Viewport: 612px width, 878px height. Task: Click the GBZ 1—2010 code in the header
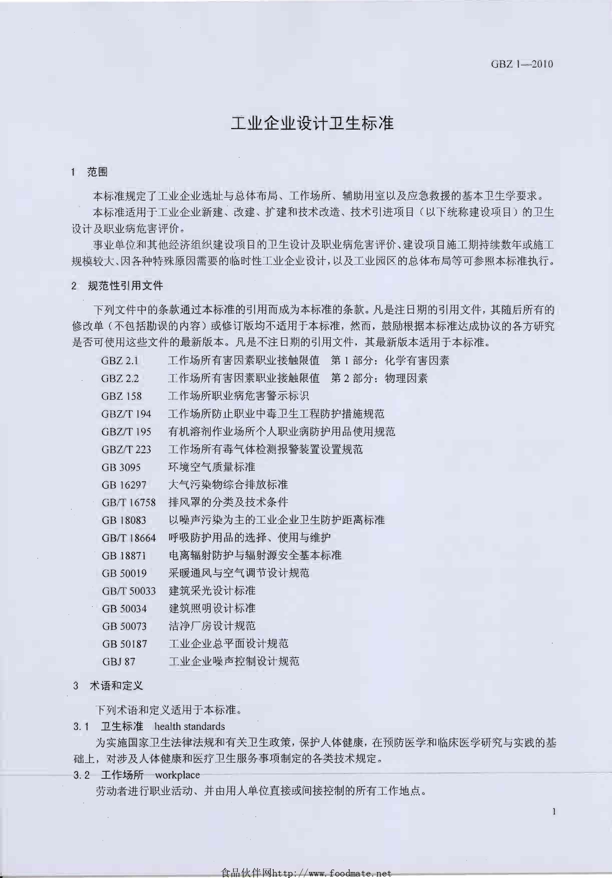(x=522, y=64)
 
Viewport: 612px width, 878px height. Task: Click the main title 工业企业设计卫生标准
(x=312, y=123)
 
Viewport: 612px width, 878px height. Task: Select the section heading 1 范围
(x=90, y=173)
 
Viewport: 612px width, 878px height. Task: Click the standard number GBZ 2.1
(x=120, y=360)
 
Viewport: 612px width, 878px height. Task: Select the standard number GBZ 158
(x=122, y=396)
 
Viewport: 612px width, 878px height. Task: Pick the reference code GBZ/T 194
(x=126, y=414)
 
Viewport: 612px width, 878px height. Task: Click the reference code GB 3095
(x=121, y=467)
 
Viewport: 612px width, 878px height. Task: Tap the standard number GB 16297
(x=124, y=485)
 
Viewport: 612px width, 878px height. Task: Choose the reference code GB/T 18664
(x=129, y=538)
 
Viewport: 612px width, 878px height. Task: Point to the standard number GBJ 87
(x=119, y=661)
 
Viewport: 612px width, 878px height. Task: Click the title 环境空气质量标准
(x=212, y=467)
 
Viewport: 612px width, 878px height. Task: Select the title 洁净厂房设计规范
(x=212, y=626)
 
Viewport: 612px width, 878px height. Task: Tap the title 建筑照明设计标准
(x=212, y=608)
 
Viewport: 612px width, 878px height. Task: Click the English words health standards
(x=190, y=726)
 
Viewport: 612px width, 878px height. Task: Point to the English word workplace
(x=178, y=775)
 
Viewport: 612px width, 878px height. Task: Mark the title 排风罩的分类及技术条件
(x=228, y=502)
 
